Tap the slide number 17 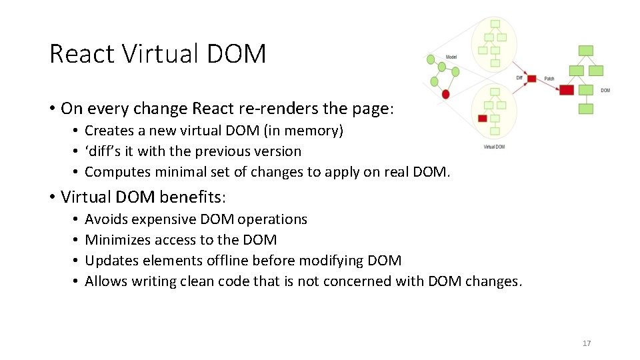tap(587, 343)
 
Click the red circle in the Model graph tap(445, 94)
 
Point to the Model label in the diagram tap(451, 57)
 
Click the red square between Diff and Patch tap(531, 79)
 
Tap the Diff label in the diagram tap(519, 78)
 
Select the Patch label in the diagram tap(549, 79)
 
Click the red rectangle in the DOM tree tap(567, 90)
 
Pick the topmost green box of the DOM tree tap(586, 51)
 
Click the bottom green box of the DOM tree tap(586, 109)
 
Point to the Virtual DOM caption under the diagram tap(494, 147)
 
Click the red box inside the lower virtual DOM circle tap(483, 118)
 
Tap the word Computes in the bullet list tap(118, 172)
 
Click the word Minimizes tap(117, 240)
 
